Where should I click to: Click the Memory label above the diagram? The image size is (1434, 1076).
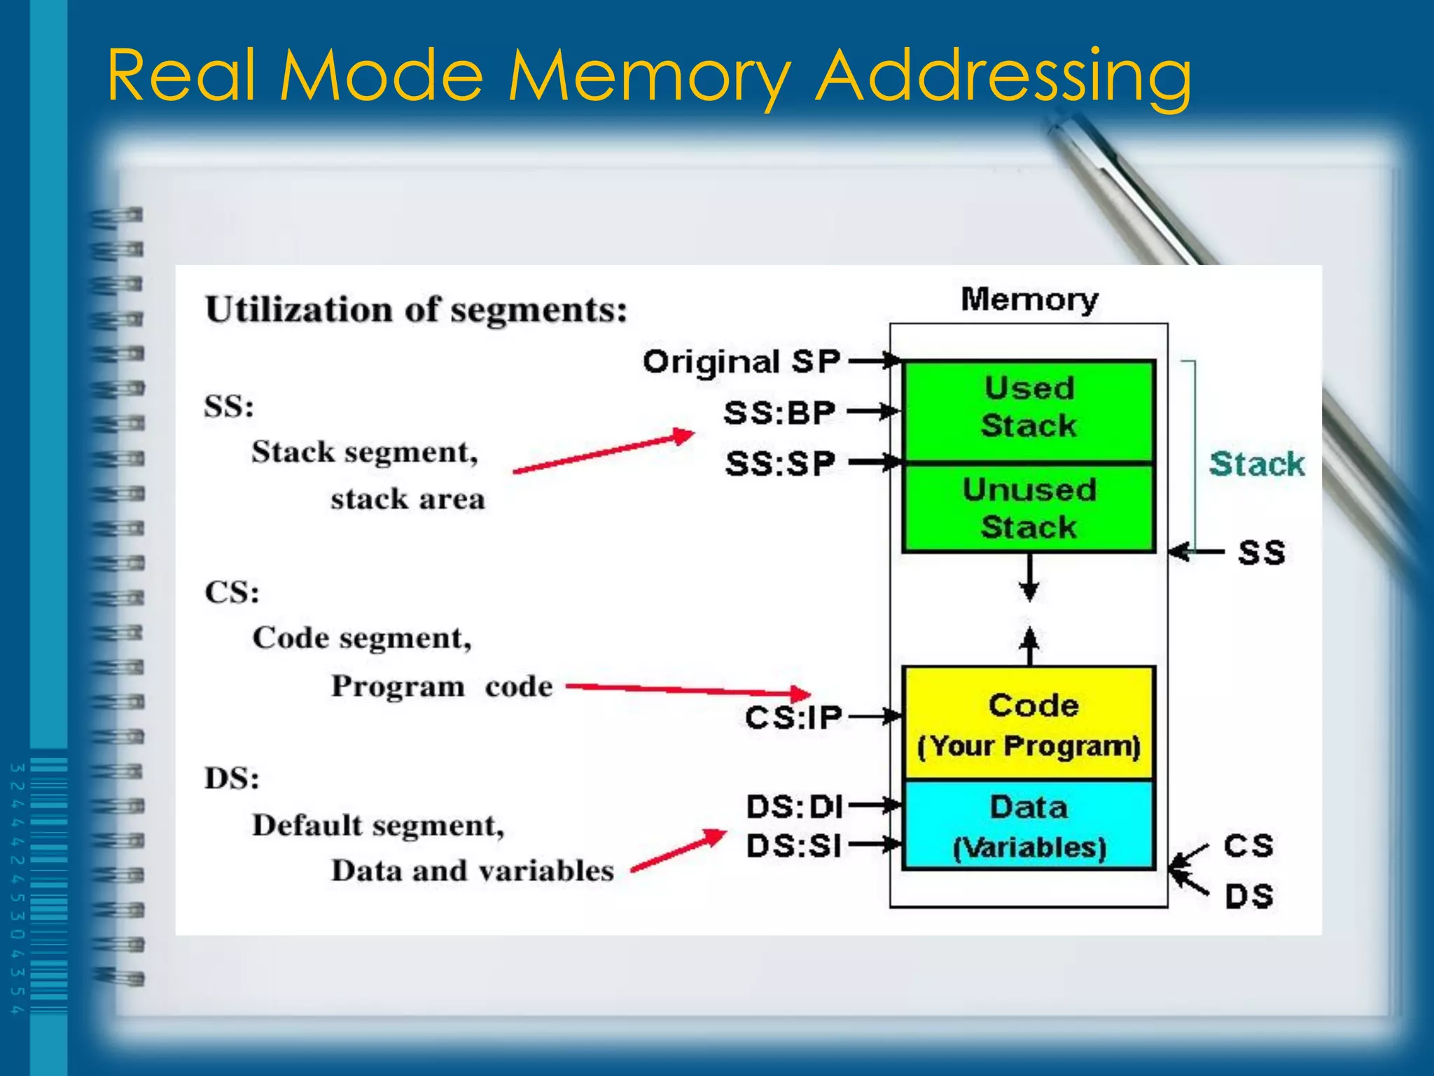pyautogui.click(x=1029, y=300)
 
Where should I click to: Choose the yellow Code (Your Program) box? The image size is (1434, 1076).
pyautogui.click(x=1028, y=723)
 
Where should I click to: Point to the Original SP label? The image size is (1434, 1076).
pyautogui.click(x=741, y=362)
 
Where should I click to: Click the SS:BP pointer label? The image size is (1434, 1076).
pyautogui.click(x=779, y=413)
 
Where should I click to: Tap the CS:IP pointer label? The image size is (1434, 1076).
pyautogui.click(x=793, y=718)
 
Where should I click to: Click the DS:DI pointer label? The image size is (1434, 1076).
pyautogui.click(x=794, y=807)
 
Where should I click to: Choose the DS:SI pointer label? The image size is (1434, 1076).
pyautogui.click(x=793, y=846)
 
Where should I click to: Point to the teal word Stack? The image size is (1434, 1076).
pyautogui.click(x=1256, y=464)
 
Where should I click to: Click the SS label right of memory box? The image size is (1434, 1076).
pyautogui.click(x=1261, y=553)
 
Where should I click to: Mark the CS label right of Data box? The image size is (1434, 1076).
pyautogui.click(x=1248, y=846)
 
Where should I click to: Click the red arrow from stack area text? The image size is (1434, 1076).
pyautogui.click(x=604, y=452)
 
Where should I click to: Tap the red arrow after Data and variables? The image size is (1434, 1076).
pyautogui.click(x=678, y=851)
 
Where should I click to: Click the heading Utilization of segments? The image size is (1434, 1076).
pyautogui.click(x=416, y=310)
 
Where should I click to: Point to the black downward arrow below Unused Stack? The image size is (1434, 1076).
pyautogui.click(x=1029, y=579)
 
